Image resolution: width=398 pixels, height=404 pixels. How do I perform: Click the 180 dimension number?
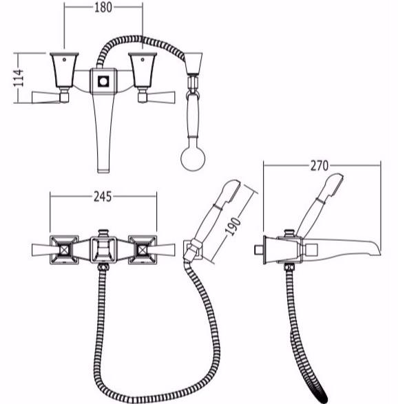pos(103,8)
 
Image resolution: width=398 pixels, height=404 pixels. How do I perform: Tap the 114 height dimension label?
pos(19,78)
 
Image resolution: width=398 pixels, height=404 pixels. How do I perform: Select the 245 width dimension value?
pos(103,197)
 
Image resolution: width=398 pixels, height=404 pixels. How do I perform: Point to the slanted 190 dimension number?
pos(232,226)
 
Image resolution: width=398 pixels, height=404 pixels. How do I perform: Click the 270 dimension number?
pos(320,166)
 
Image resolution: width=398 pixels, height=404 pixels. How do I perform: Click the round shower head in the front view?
pos(193,158)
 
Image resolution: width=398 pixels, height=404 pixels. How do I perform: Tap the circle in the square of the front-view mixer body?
pos(103,82)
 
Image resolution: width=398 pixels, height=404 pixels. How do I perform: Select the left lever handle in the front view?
pos(46,98)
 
